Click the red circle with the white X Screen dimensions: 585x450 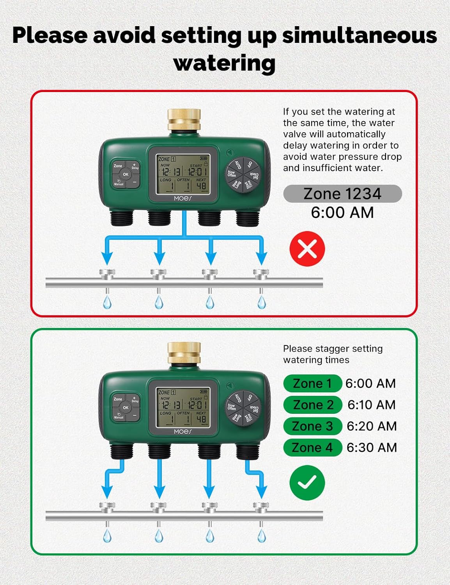point(307,248)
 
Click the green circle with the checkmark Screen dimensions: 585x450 point(307,482)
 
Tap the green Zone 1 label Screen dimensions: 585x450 point(312,383)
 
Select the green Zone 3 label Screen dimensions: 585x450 point(312,426)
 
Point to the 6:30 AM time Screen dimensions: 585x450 point(372,447)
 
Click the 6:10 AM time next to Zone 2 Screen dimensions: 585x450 point(371,405)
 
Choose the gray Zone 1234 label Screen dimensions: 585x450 point(342,194)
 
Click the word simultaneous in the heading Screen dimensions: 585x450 point(359,35)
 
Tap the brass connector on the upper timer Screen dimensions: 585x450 point(184,120)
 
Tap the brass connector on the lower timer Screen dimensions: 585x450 point(184,353)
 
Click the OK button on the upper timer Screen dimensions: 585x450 point(126,174)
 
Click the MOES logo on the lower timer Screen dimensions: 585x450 point(183,432)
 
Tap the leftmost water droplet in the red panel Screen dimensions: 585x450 point(107,302)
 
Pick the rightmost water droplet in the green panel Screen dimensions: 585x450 point(262,536)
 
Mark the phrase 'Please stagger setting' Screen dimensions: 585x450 point(333,349)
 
